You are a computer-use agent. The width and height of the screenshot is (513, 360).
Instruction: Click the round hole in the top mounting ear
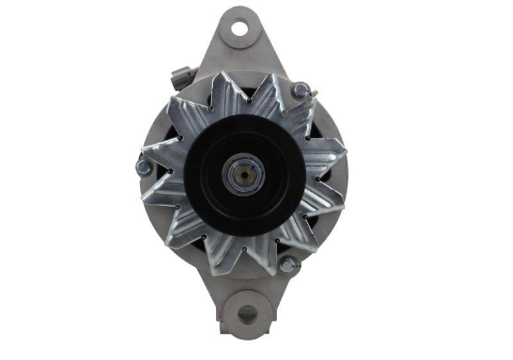tap(239, 28)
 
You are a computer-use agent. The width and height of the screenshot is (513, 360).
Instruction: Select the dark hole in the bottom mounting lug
tap(247, 314)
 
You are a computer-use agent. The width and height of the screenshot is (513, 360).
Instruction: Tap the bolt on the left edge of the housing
tap(144, 167)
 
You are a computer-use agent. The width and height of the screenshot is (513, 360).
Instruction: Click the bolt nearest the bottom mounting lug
tap(287, 263)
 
